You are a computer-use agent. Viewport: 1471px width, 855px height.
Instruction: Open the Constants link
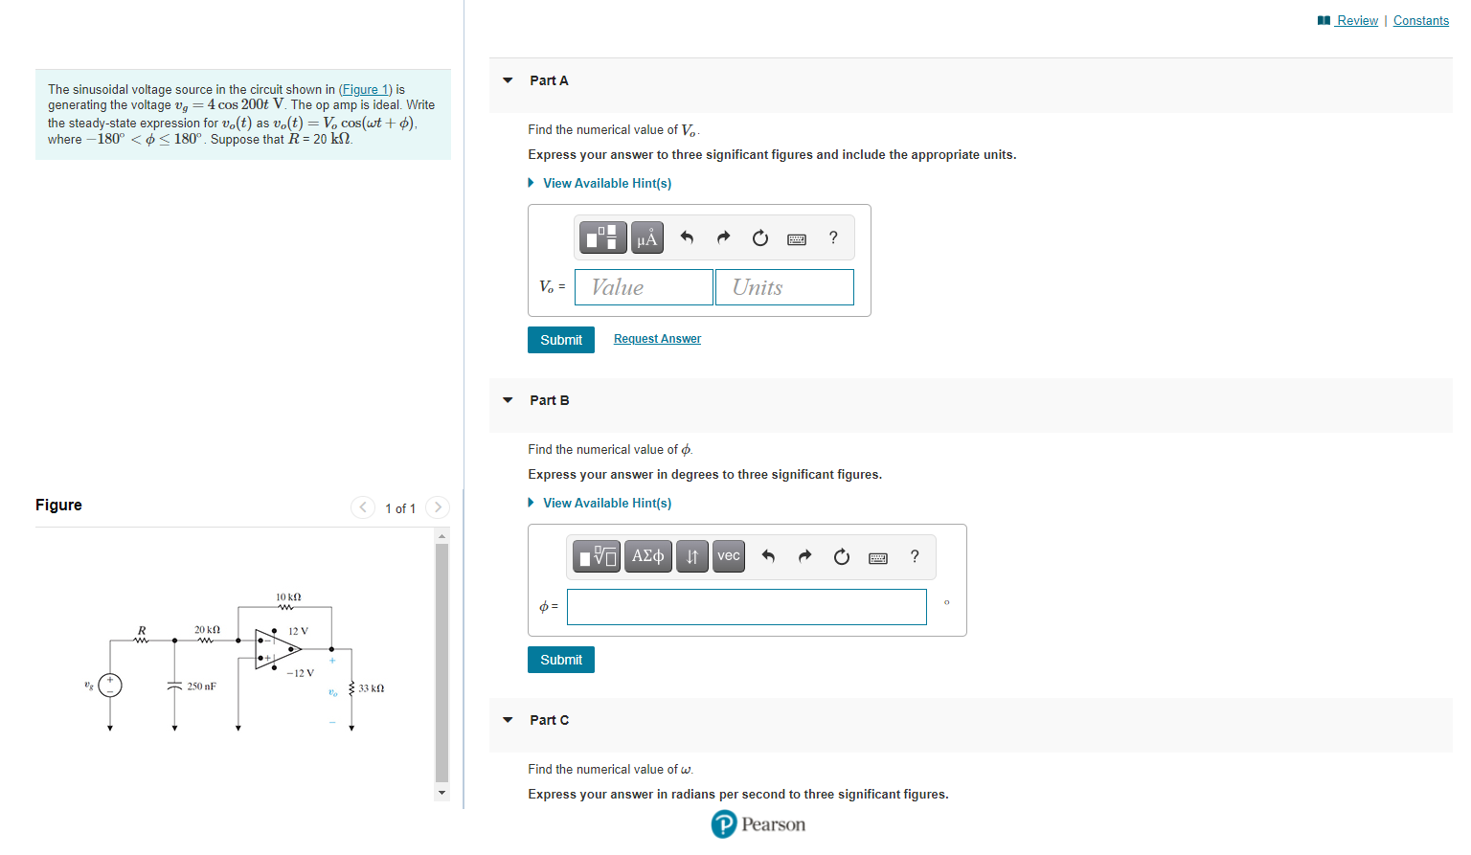coord(1420,20)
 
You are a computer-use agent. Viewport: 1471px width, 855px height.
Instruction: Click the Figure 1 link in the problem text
coord(365,89)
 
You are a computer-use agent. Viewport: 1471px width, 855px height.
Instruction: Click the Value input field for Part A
coord(644,287)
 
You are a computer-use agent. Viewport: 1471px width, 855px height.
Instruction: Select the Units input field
coord(783,287)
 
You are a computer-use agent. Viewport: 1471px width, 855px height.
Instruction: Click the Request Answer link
coord(657,339)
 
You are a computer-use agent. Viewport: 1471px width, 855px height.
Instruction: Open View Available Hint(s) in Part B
coord(606,503)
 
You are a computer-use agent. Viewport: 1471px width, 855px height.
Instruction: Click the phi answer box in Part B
coord(746,607)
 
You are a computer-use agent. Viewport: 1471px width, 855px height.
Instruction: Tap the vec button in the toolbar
coord(729,556)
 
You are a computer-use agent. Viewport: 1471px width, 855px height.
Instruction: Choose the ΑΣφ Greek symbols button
coord(647,556)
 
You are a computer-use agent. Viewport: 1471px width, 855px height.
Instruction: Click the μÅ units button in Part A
coord(647,237)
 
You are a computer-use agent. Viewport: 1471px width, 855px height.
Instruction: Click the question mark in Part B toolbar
coord(915,556)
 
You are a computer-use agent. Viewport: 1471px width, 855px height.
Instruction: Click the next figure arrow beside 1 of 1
coord(438,507)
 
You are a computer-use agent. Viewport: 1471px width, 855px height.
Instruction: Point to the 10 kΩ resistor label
coord(288,596)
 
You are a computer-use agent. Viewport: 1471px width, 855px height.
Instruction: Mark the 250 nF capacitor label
coord(201,686)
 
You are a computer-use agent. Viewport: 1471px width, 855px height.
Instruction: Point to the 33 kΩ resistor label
coord(372,688)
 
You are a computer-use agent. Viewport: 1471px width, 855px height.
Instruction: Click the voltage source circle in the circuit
coord(110,686)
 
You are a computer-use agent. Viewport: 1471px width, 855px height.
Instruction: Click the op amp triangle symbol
coord(276,649)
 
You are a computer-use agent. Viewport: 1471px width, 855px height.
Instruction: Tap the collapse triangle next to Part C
coord(508,720)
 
